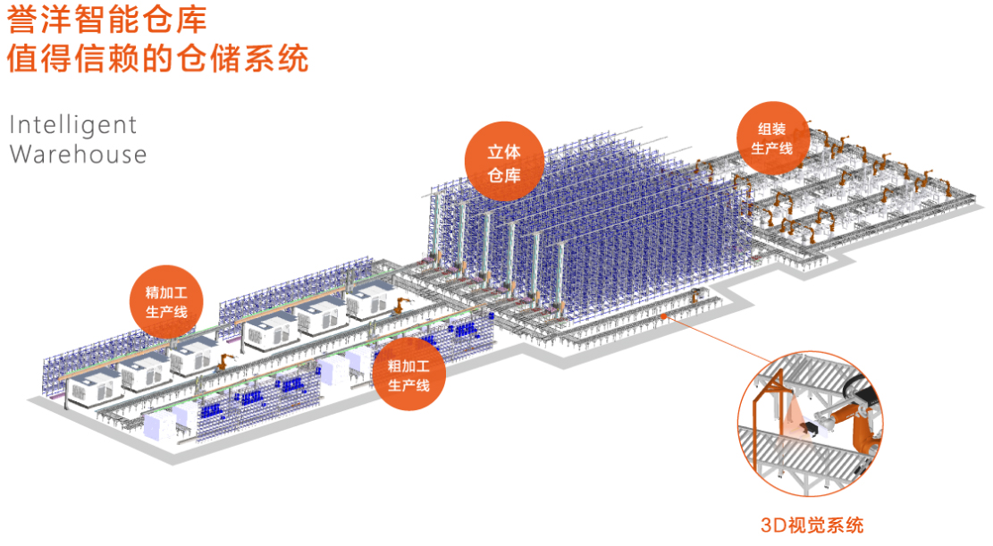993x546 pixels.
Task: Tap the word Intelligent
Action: [x=73, y=124]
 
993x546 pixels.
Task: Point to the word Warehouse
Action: [x=78, y=154]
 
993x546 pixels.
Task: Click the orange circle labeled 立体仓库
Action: [x=504, y=163]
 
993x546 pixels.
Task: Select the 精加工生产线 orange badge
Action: [x=166, y=302]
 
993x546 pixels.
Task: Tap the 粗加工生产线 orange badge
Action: [x=408, y=375]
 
